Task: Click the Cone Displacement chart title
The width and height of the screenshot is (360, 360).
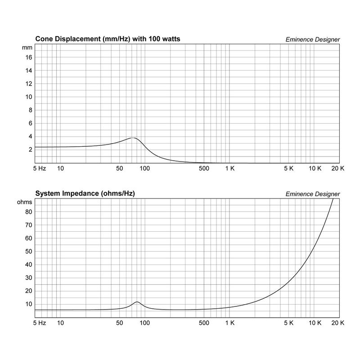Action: coord(108,39)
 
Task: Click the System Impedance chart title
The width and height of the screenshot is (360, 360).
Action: coord(85,193)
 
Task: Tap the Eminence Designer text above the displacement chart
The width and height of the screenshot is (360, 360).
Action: coord(313,40)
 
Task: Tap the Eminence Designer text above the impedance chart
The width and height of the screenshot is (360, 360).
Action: coord(313,194)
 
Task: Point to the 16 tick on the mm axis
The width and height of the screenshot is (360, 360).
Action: coord(29,58)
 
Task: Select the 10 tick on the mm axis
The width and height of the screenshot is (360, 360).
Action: coord(29,97)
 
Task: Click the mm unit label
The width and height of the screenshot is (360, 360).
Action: coord(27,47)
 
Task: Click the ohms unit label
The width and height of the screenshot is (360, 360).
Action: coord(25,202)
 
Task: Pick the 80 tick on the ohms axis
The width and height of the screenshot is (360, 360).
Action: coord(29,211)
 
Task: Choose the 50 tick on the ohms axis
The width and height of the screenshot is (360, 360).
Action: coord(29,251)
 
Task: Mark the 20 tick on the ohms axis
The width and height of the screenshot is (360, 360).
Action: coord(29,291)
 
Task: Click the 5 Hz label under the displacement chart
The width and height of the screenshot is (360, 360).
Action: coord(40,168)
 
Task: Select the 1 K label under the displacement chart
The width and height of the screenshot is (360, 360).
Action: coord(229,168)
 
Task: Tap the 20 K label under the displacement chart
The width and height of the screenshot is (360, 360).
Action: coord(337,168)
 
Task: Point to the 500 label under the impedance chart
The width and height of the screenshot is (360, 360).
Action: coord(204,323)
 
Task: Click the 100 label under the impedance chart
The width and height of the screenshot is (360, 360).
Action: coord(145,323)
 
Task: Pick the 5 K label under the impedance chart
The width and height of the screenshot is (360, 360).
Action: coord(288,323)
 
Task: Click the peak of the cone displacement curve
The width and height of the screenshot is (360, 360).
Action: coord(133,138)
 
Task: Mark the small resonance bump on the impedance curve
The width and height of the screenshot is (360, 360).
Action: coord(137,302)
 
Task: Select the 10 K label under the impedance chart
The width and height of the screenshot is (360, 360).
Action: coord(315,323)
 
